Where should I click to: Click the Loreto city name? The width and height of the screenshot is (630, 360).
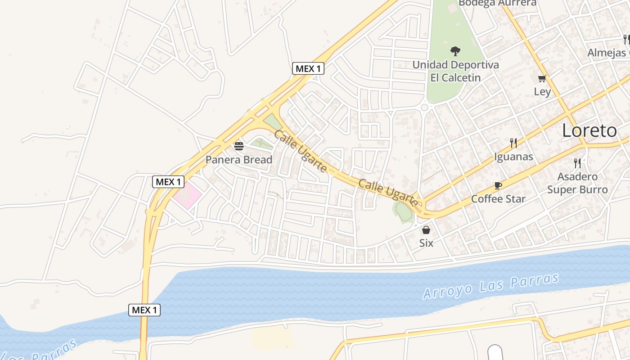point(589,130)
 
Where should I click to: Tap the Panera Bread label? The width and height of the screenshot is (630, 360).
point(239,160)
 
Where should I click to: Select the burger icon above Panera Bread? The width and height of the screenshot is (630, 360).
point(239,146)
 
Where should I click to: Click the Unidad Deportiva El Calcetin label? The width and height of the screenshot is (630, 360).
point(455,71)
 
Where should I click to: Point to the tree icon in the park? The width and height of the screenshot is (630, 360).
point(455,51)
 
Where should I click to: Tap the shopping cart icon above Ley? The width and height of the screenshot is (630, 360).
point(542,79)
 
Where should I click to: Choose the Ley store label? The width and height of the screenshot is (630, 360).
point(542,92)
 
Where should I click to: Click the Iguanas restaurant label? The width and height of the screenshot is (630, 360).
point(513,157)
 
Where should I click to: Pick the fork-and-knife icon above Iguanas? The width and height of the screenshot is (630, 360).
point(513,143)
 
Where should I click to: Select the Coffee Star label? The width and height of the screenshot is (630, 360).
point(498,198)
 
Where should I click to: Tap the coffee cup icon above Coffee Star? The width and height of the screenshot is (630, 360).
point(498,185)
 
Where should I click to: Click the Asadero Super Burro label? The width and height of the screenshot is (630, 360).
point(577,183)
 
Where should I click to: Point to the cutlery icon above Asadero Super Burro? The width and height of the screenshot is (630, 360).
point(577,163)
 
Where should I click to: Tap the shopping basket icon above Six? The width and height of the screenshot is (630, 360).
point(426,230)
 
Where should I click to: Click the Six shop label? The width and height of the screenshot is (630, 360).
point(426,243)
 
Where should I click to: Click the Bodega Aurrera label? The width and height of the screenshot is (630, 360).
point(497,3)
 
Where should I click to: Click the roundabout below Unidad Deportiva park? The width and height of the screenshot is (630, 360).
point(424,107)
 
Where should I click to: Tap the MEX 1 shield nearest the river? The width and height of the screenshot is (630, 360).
point(144,310)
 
